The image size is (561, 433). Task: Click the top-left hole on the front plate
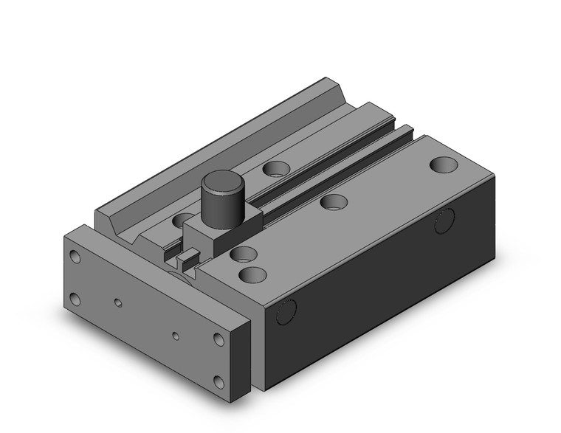[x=75, y=257]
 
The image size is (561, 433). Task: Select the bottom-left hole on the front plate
[x=75, y=299]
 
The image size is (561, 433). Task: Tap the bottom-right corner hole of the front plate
[x=219, y=381]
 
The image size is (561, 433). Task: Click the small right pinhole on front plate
[x=176, y=336]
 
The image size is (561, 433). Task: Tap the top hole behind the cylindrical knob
[x=275, y=169]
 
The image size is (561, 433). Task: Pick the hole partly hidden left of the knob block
[x=181, y=219]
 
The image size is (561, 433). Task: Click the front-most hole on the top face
[x=252, y=275]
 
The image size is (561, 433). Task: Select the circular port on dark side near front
[x=284, y=313]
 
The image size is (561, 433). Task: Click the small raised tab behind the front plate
[x=188, y=258]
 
